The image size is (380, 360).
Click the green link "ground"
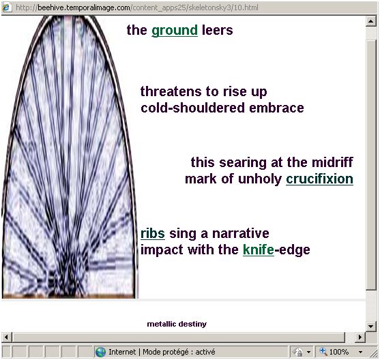[x=175, y=31]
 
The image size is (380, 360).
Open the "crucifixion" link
[x=319, y=179]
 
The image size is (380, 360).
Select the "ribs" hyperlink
[x=153, y=234]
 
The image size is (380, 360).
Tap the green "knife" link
[x=259, y=250]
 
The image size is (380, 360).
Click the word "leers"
[x=217, y=30]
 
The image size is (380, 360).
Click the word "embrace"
[x=276, y=108]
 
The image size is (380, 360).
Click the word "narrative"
[x=240, y=234]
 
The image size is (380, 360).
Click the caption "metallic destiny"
[x=177, y=324]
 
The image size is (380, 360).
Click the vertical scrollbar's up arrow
[x=370, y=21]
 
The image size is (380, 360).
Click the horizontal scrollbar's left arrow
[x=6, y=337]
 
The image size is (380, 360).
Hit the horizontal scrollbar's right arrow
[x=360, y=337]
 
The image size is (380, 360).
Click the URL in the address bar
[x=148, y=7]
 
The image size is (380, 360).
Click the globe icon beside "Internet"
[x=100, y=352]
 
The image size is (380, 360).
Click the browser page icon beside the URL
[x=6, y=7]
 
